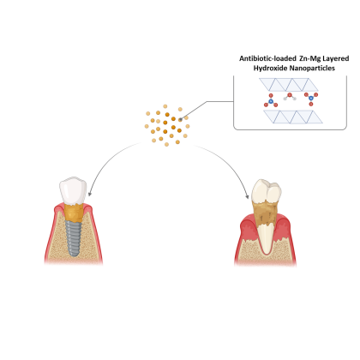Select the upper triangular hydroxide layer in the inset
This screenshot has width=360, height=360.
[x=289, y=85]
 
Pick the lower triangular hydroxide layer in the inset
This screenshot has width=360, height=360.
[x=293, y=117]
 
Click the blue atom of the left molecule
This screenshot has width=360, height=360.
[x=271, y=101]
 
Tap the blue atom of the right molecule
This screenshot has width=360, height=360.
[x=311, y=99]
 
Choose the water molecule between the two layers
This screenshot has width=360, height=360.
[x=290, y=97]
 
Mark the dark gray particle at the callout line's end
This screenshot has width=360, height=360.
[x=180, y=120]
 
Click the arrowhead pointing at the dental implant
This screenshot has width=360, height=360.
[x=90, y=194]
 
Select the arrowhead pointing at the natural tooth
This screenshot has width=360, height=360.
[x=247, y=196]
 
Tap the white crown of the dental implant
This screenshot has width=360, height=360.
[x=73, y=190]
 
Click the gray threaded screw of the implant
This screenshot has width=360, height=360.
[x=74, y=238]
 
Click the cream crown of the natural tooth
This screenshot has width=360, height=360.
[x=267, y=190]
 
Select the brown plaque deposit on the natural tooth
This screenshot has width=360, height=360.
[x=265, y=213]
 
